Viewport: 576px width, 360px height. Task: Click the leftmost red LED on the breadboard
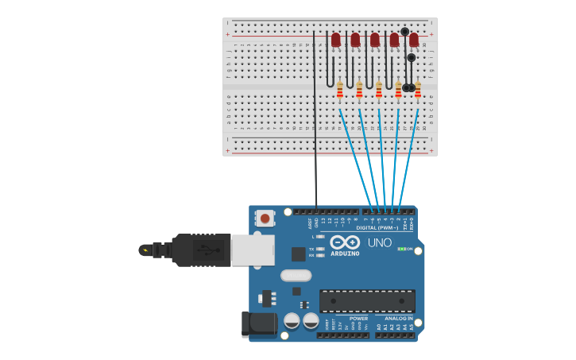tap(336, 39)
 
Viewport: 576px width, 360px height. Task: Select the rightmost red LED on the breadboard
tap(414, 39)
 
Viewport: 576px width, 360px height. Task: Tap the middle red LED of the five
tap(375, 39)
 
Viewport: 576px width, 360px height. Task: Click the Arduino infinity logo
tap(345, 242)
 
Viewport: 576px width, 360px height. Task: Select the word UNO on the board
tap(380, 242)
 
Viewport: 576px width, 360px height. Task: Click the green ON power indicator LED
tap(402, 249)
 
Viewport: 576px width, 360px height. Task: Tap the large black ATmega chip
tap(367, 301)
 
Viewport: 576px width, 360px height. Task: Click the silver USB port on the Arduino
tap(253, 249)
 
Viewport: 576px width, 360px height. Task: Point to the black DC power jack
tap(259, 323)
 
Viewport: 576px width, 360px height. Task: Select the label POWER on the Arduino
tap(358, 319)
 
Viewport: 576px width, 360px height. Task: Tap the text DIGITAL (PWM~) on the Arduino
tap(377, 228)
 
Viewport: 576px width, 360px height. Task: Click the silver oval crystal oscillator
tap(296, 276)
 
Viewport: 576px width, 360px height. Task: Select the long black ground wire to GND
tap(315, 119)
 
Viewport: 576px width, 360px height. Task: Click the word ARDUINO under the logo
tap(345, 254)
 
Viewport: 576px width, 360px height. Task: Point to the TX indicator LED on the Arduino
tap(320, 249)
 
